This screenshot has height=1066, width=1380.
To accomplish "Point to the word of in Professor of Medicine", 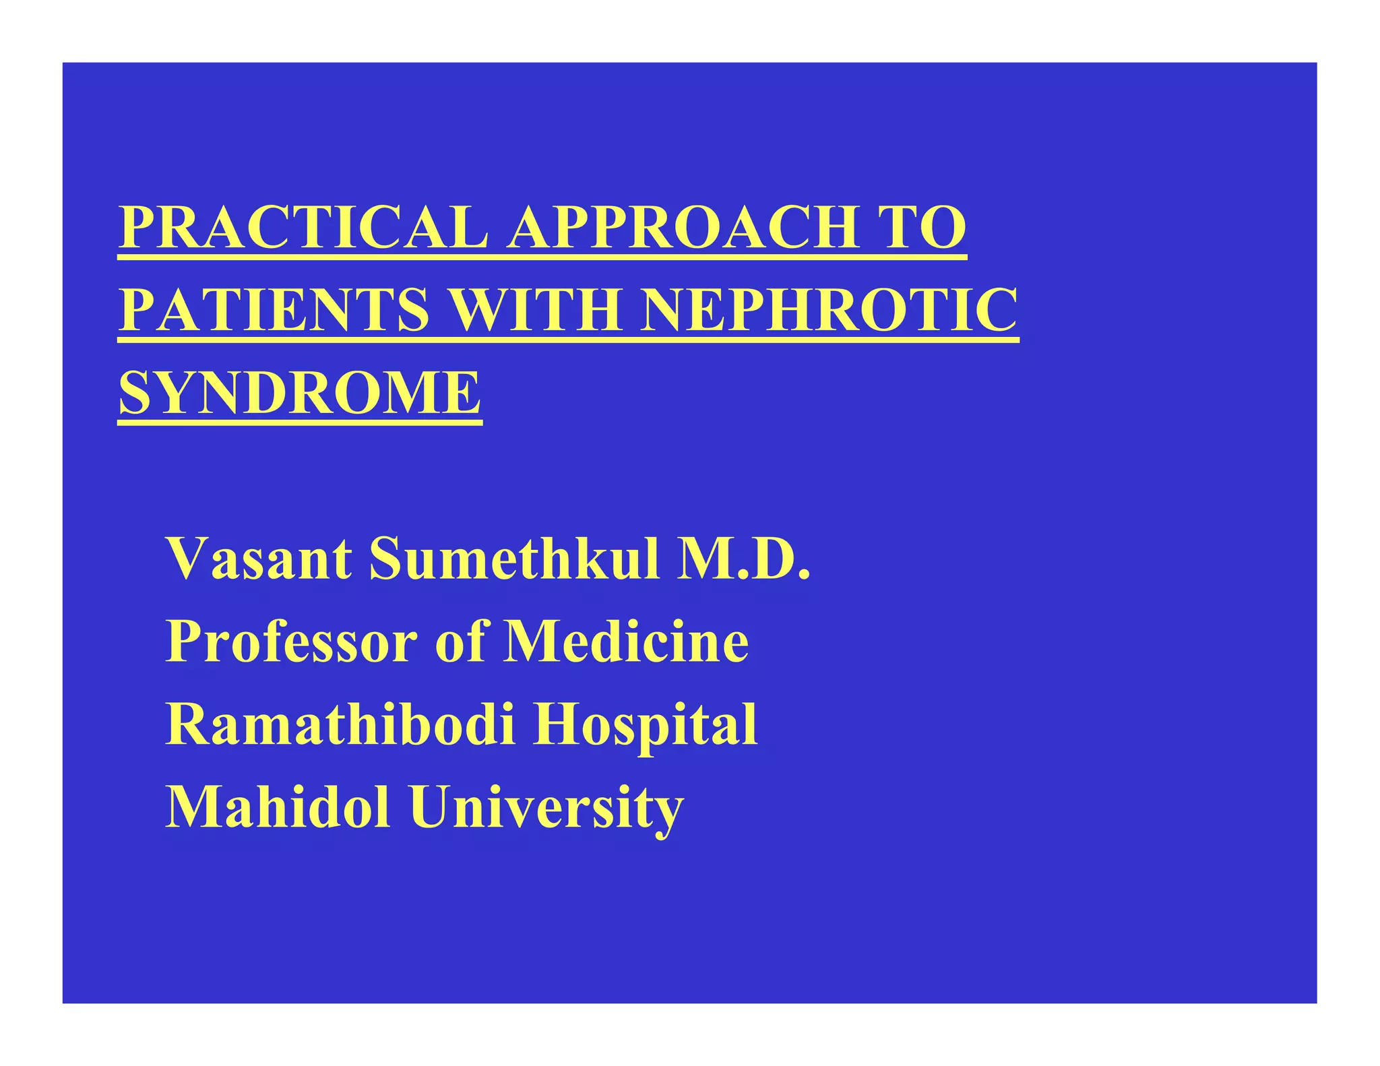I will click(460, 641).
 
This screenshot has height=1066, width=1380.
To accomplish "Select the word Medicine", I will click(627, 641).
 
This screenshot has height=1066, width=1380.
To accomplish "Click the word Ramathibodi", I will click(341, 724).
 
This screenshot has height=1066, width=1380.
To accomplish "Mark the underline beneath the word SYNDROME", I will click(300, 422).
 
